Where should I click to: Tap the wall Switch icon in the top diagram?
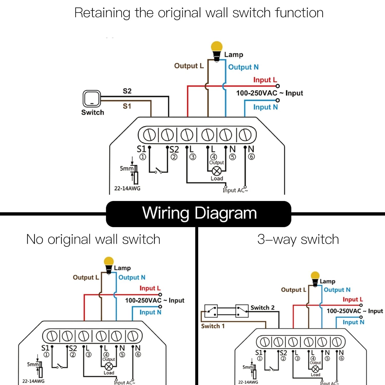(x=92, y=99)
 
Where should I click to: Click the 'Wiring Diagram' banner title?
(x=199, y=213)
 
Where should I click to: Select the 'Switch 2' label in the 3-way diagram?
(x=262, y=307)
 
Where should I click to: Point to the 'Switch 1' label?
(x=213, y=326)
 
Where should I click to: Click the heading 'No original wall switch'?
(x=93, y=239)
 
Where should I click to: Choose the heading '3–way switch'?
(x=298, y=239)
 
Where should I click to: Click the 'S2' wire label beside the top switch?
(x=127, y=91)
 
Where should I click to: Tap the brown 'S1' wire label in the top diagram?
(x=127, y=106)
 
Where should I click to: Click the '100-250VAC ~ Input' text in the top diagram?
(x=269, y=93)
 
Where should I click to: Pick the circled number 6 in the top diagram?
(x=252, y=157)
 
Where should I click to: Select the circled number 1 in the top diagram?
(x=143, y=157)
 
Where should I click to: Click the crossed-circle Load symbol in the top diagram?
(x=217, y=171)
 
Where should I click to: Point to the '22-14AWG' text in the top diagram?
(x=127, y=188)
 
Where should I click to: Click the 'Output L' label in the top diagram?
(x=189, y=66)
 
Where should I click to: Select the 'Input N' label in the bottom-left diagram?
(x=150, y=312)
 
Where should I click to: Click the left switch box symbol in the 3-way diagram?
(x=211, y=311)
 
